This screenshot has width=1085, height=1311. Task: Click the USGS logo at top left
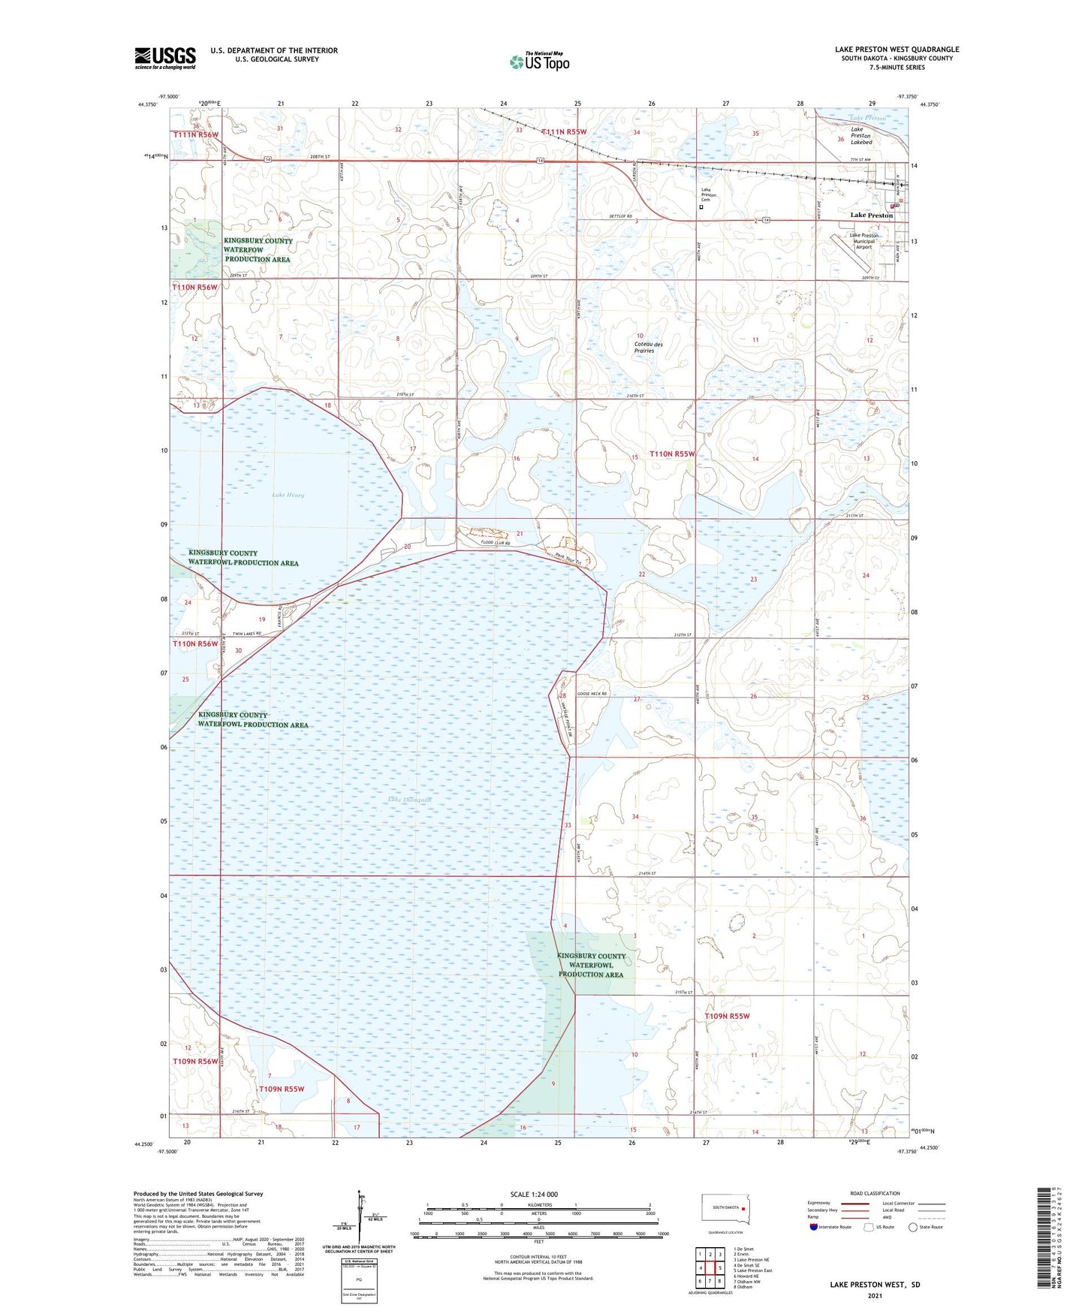[x=165, y=58]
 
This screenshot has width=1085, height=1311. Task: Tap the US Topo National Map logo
[x=538, y=61]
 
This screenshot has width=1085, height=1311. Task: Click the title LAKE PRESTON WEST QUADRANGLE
[x=897, y=50]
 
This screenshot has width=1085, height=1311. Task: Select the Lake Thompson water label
[x=410, y=800]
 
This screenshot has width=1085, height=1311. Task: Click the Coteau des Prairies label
[x=644, y=347]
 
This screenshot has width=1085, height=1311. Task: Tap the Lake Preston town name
[x=871, y=215]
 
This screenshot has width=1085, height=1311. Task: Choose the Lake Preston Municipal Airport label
[x=863, y=241]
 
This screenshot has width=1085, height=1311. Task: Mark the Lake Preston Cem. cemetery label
[x=708, y=194]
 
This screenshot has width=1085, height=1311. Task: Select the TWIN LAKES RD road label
[x=246, y=634]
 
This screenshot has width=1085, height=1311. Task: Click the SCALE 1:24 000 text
[x=534, y=1195]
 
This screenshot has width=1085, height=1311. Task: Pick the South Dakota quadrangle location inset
[x=726, y=1210]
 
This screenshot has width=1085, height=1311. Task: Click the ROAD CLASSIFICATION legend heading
[x=875, y=1193]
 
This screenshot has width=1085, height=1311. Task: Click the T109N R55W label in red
[x=727, y=1016]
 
